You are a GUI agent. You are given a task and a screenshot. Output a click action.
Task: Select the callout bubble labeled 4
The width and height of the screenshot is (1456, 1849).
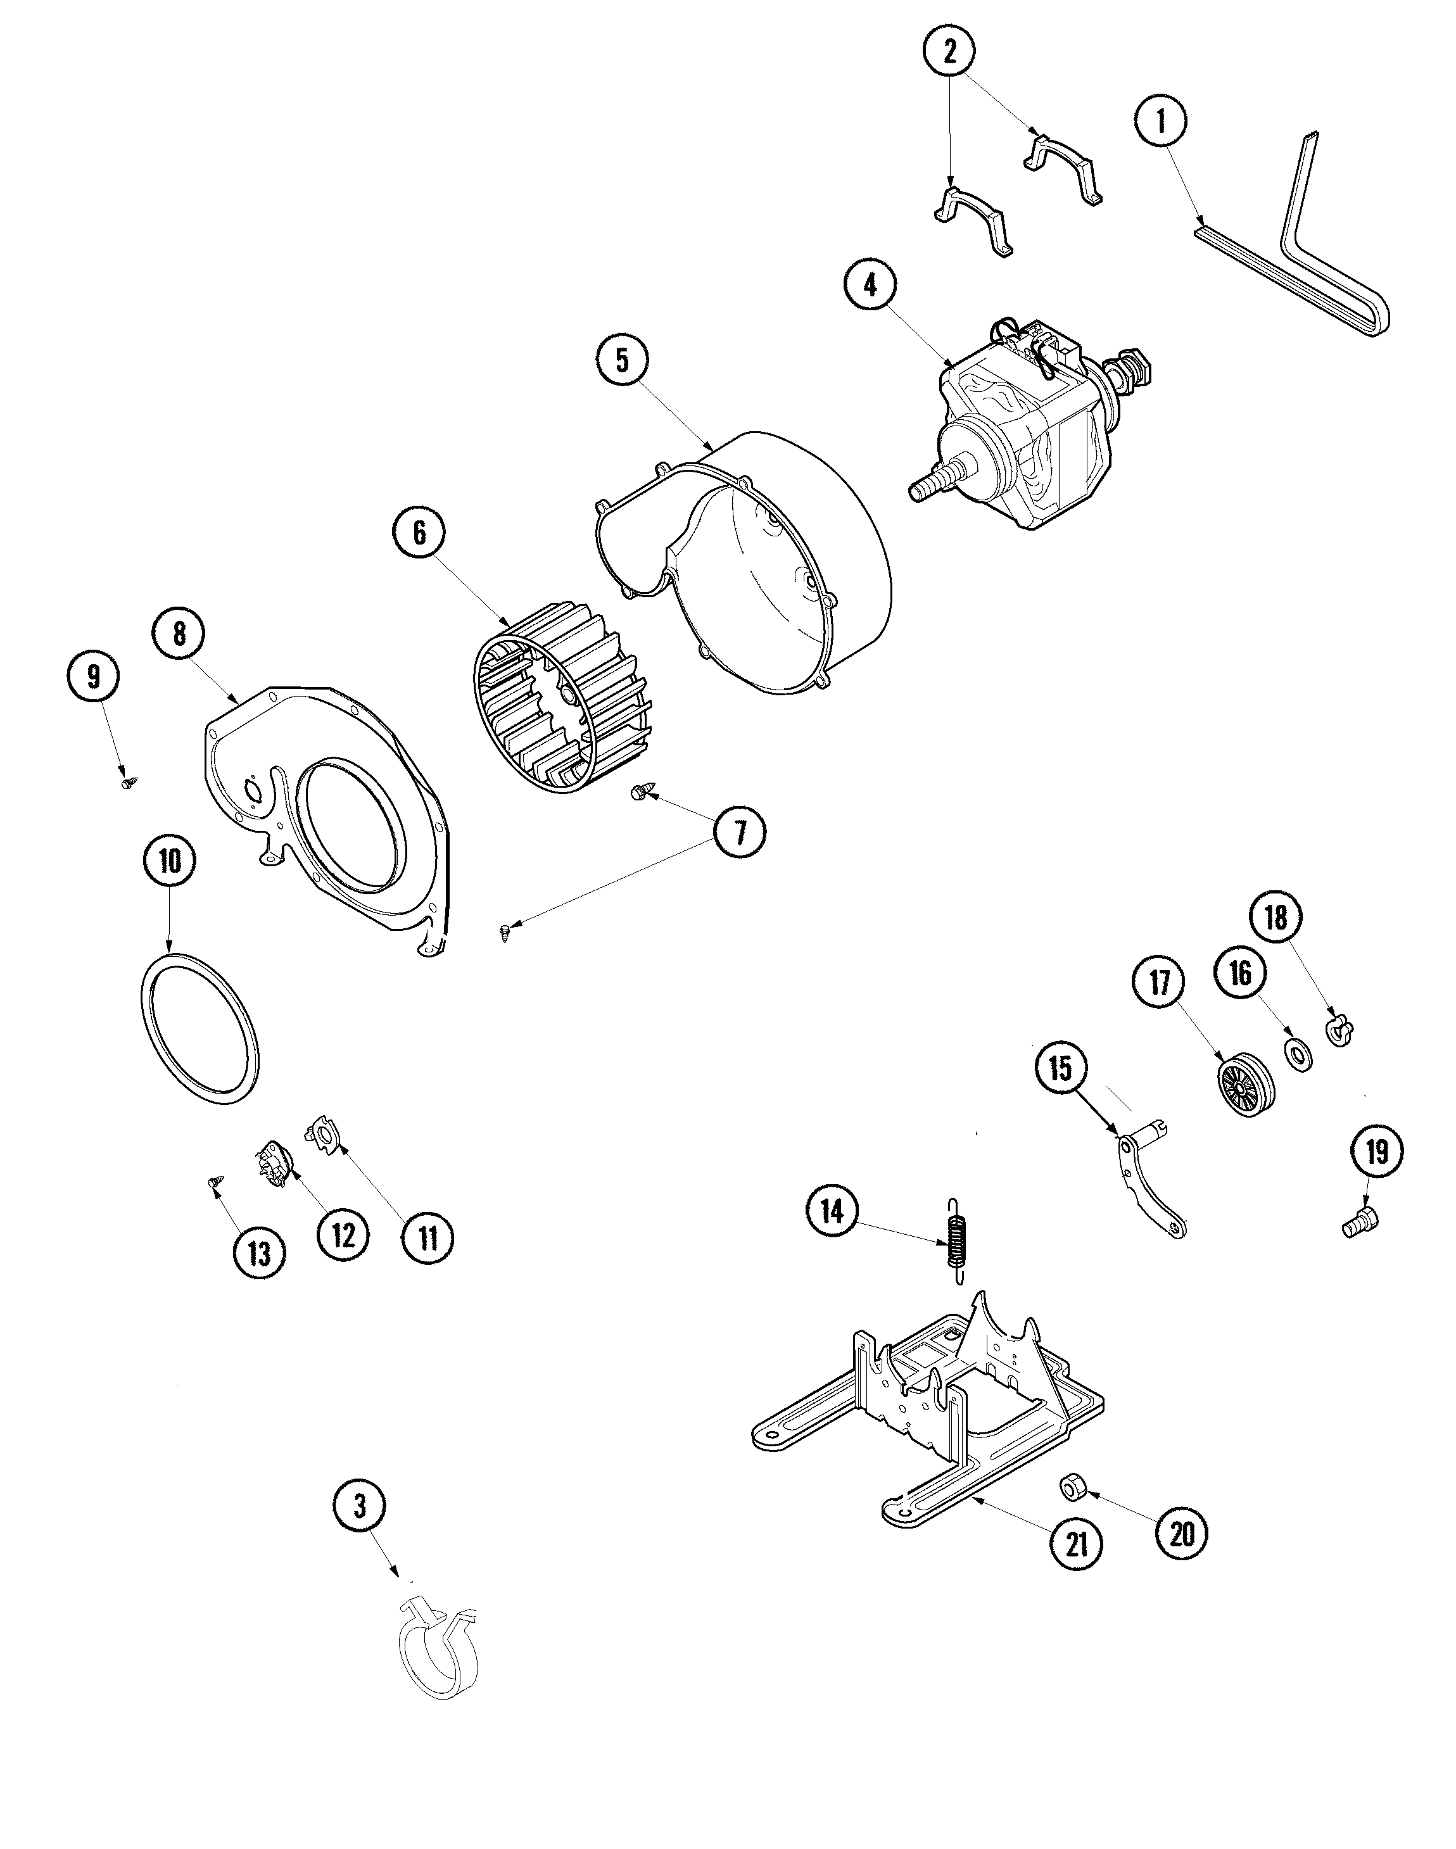pos(870,286)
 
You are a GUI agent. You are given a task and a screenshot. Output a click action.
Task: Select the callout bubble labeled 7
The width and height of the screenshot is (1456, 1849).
pos(739,833)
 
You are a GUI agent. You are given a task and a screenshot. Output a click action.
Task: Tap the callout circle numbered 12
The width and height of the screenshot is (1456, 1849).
pos(343,1234)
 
